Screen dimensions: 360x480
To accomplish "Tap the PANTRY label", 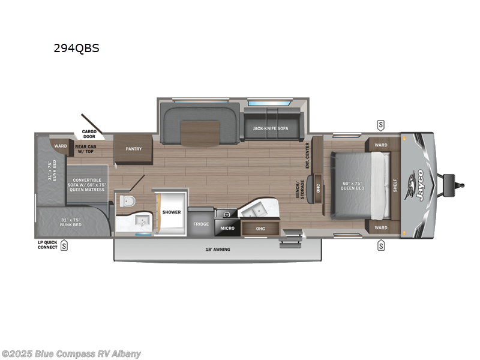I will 133,149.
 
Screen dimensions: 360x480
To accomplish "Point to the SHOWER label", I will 171,212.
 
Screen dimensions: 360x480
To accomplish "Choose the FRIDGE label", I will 200,224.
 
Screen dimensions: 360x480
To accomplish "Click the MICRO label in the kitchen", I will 226,228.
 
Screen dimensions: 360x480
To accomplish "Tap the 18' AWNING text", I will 218,249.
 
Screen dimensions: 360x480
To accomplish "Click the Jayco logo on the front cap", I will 418,185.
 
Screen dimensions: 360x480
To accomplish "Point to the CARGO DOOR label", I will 89,134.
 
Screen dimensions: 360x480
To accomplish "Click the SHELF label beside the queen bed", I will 395,187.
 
